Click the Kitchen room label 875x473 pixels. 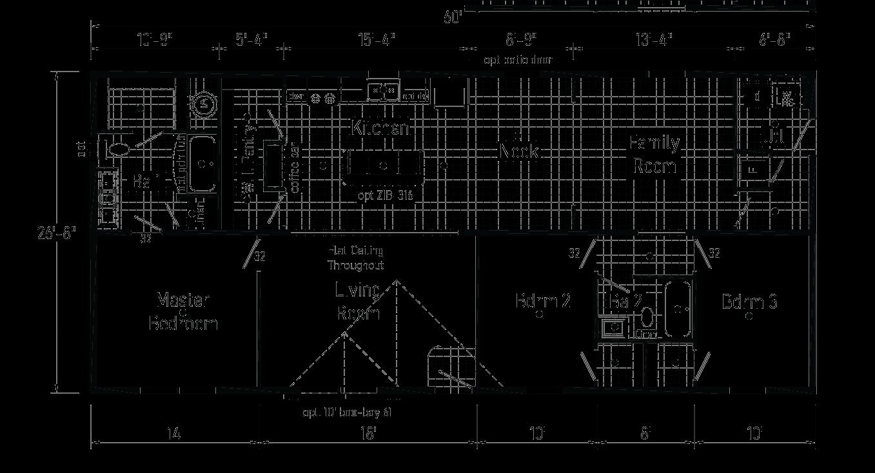(x=380, y=128)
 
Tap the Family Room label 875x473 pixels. (x=654, y=154)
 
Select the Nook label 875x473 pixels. (x=518, y=152)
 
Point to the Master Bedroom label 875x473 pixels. (x=183, y=311)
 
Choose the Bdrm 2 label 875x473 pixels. (x=543, y=301)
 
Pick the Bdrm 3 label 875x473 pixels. (x=749, y=302)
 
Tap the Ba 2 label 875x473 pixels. (x=625, y=301)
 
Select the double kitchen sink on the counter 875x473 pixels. (x=383, y=91)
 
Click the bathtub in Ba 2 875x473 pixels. (x=678, y=309)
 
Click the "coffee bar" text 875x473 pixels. (x=295, y=168)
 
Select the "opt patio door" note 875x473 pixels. (x=518, y=60)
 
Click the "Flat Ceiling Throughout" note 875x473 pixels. (x=355, y=258)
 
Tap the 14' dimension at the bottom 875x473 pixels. (x=173, y=433)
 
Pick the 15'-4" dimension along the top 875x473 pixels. (x=376, y=40)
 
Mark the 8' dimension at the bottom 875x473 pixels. (x=645, y=433)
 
